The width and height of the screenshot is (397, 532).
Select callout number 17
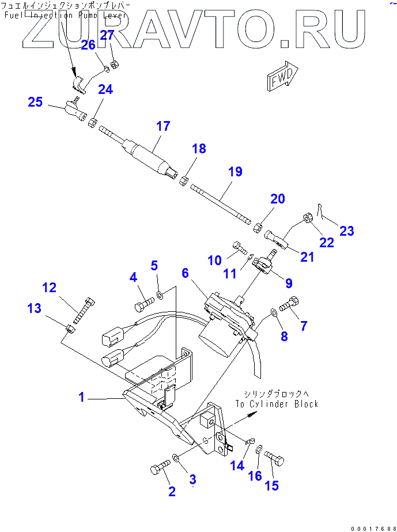[x=163, y=126]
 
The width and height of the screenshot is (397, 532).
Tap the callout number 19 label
[x=235, y=171]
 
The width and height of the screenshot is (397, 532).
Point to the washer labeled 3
[x=176, y=459]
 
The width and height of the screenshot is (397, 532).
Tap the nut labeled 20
[x=259, y=225]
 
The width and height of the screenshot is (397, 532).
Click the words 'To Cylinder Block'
[x=276, y=404]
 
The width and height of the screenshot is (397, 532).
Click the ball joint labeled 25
[x=74, y=107]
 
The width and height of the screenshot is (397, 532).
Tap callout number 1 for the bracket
[x=82, y=397]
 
